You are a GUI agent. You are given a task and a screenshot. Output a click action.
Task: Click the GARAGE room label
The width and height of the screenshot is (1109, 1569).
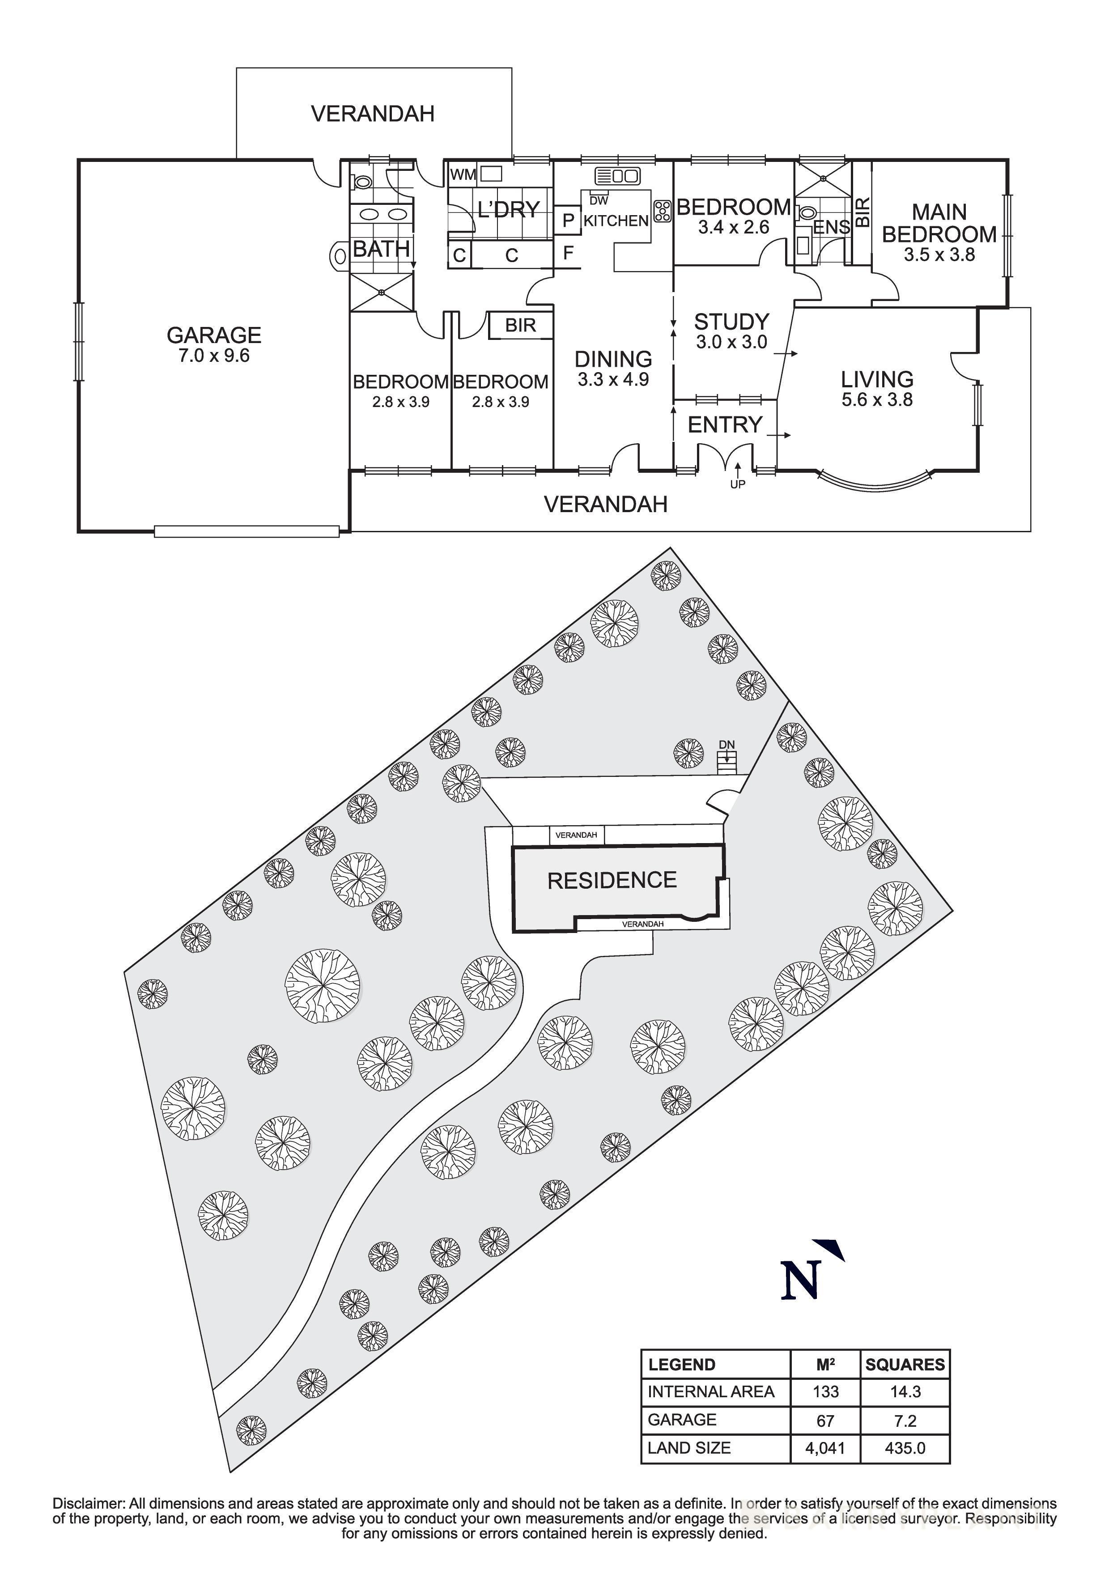pos(214,335)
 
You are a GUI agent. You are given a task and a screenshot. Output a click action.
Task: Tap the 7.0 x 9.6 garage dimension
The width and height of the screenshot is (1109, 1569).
pos(214,356)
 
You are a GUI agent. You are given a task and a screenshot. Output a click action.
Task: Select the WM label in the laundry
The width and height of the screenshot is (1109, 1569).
pos(463,175)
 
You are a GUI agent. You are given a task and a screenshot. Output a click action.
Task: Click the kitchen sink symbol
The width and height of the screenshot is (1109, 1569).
pos(617,176)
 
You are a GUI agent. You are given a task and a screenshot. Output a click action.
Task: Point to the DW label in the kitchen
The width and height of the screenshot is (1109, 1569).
pos(599,201)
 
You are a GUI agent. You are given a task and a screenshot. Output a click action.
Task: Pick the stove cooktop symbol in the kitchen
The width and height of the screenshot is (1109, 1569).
pos(662,211)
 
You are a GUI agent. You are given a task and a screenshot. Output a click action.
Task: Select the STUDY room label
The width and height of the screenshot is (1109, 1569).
pos(731,322)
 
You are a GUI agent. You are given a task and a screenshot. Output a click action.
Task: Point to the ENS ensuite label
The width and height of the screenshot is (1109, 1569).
pos(831,228)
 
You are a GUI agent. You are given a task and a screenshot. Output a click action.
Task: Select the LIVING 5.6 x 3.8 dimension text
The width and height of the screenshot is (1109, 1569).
pos(877,400)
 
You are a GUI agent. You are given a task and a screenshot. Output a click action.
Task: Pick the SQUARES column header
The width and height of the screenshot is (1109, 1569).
pos(904,1365)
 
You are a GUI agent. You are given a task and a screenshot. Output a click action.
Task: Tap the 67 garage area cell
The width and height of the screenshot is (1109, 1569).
pos(825,1421)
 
